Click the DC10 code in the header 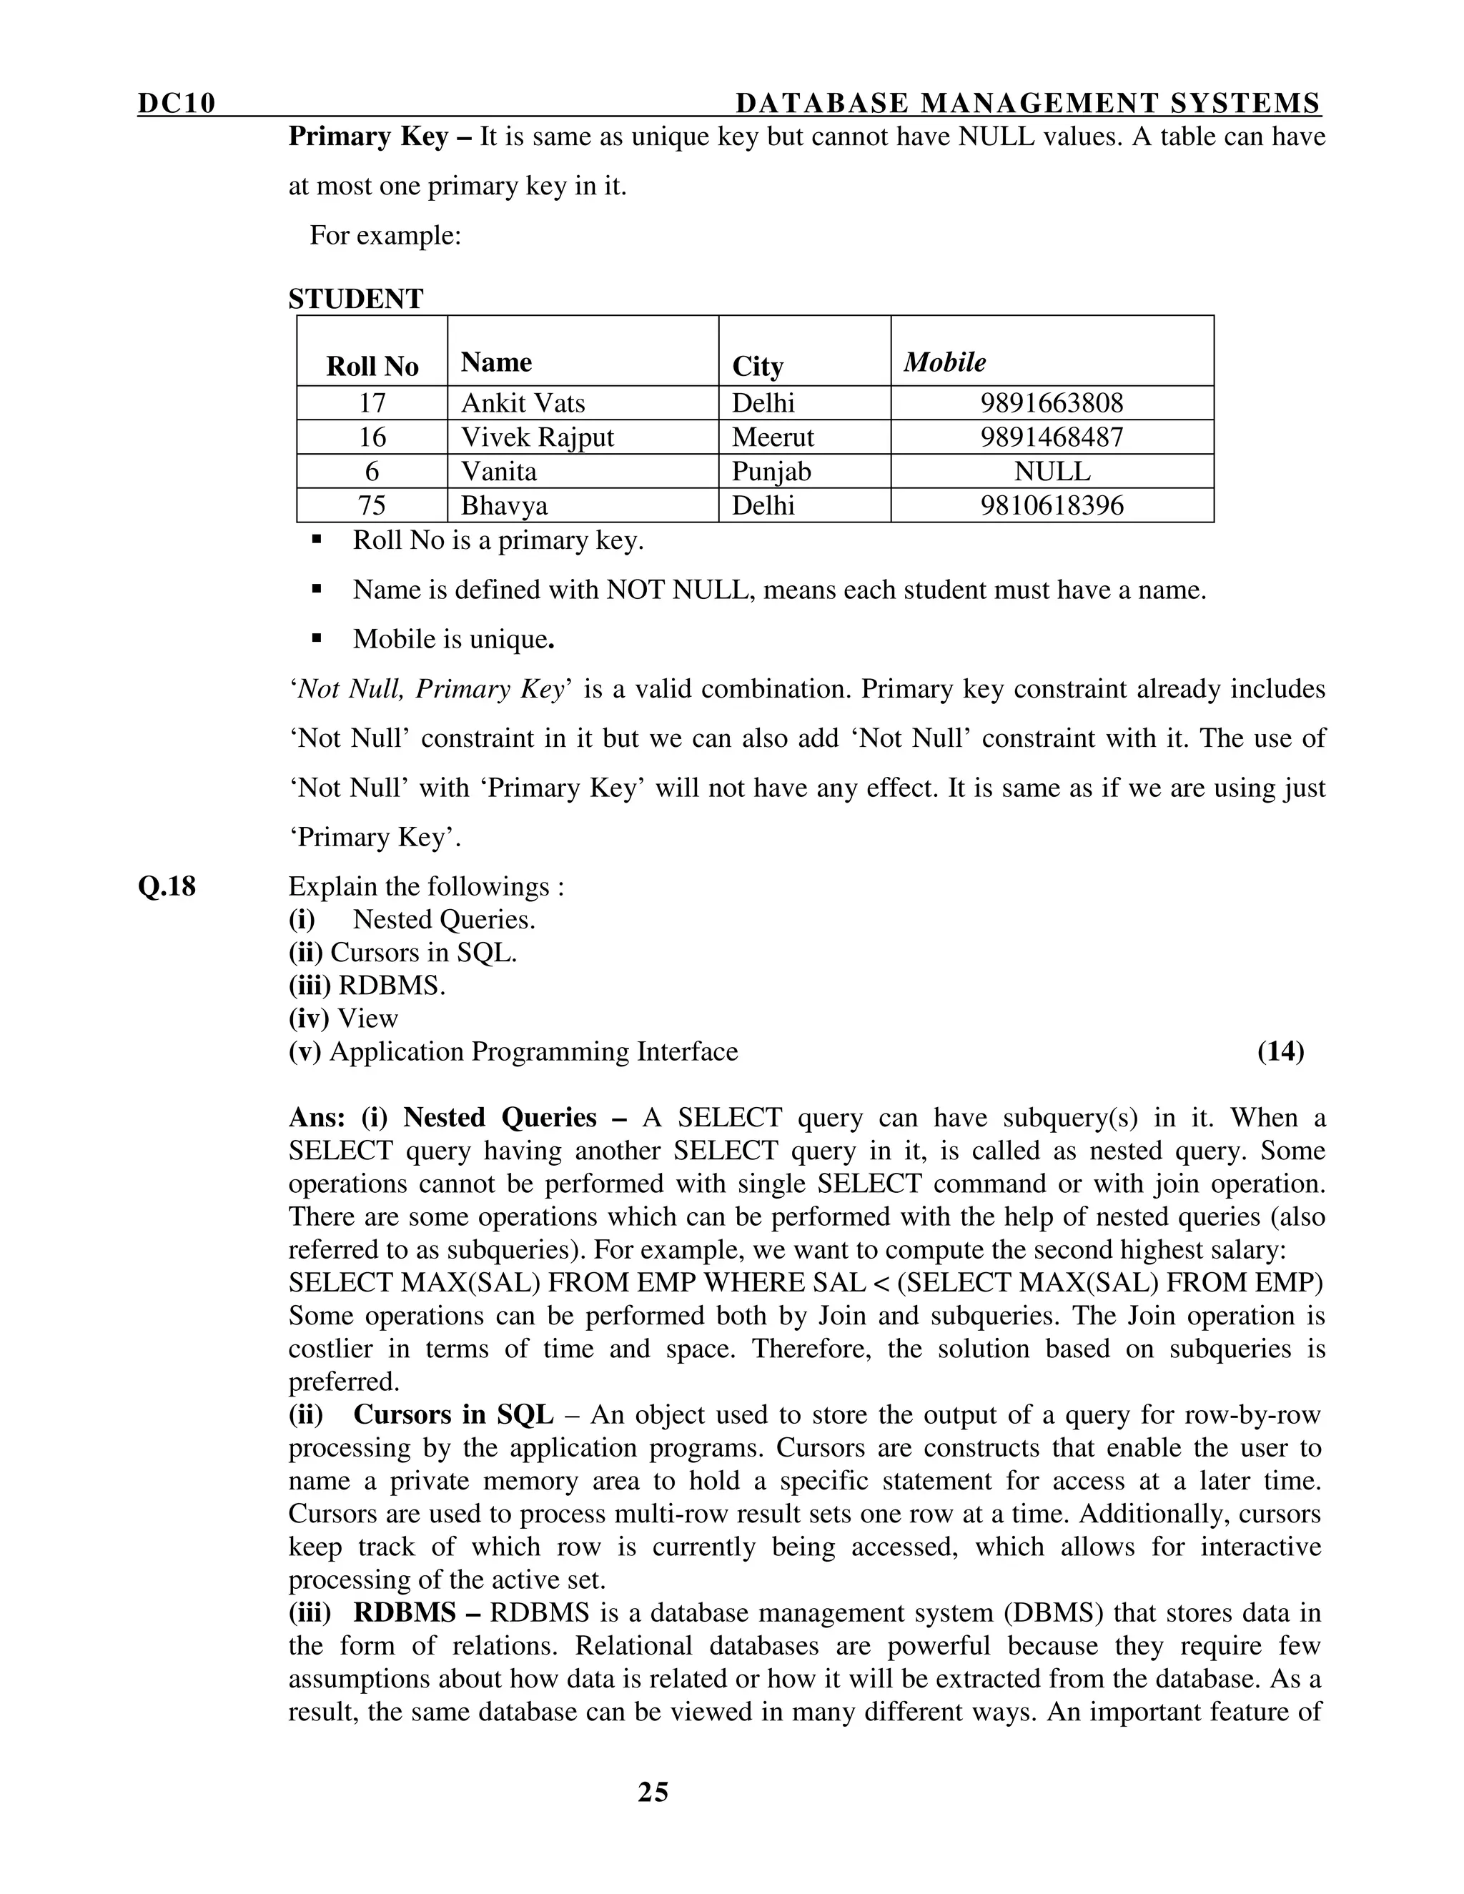(176, 104)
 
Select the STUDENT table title (355, 299)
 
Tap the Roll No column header (372, 367)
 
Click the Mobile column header (944, 362)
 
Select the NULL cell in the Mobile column (1052, 472)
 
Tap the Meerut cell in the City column (773, 437)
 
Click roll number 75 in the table (372, 505)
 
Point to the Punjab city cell (771, 472)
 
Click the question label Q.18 (167, 886)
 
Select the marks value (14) (1280, 1051)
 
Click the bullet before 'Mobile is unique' (317, 639)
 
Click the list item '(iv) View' (343, 1018)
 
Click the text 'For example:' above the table (385, 236)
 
